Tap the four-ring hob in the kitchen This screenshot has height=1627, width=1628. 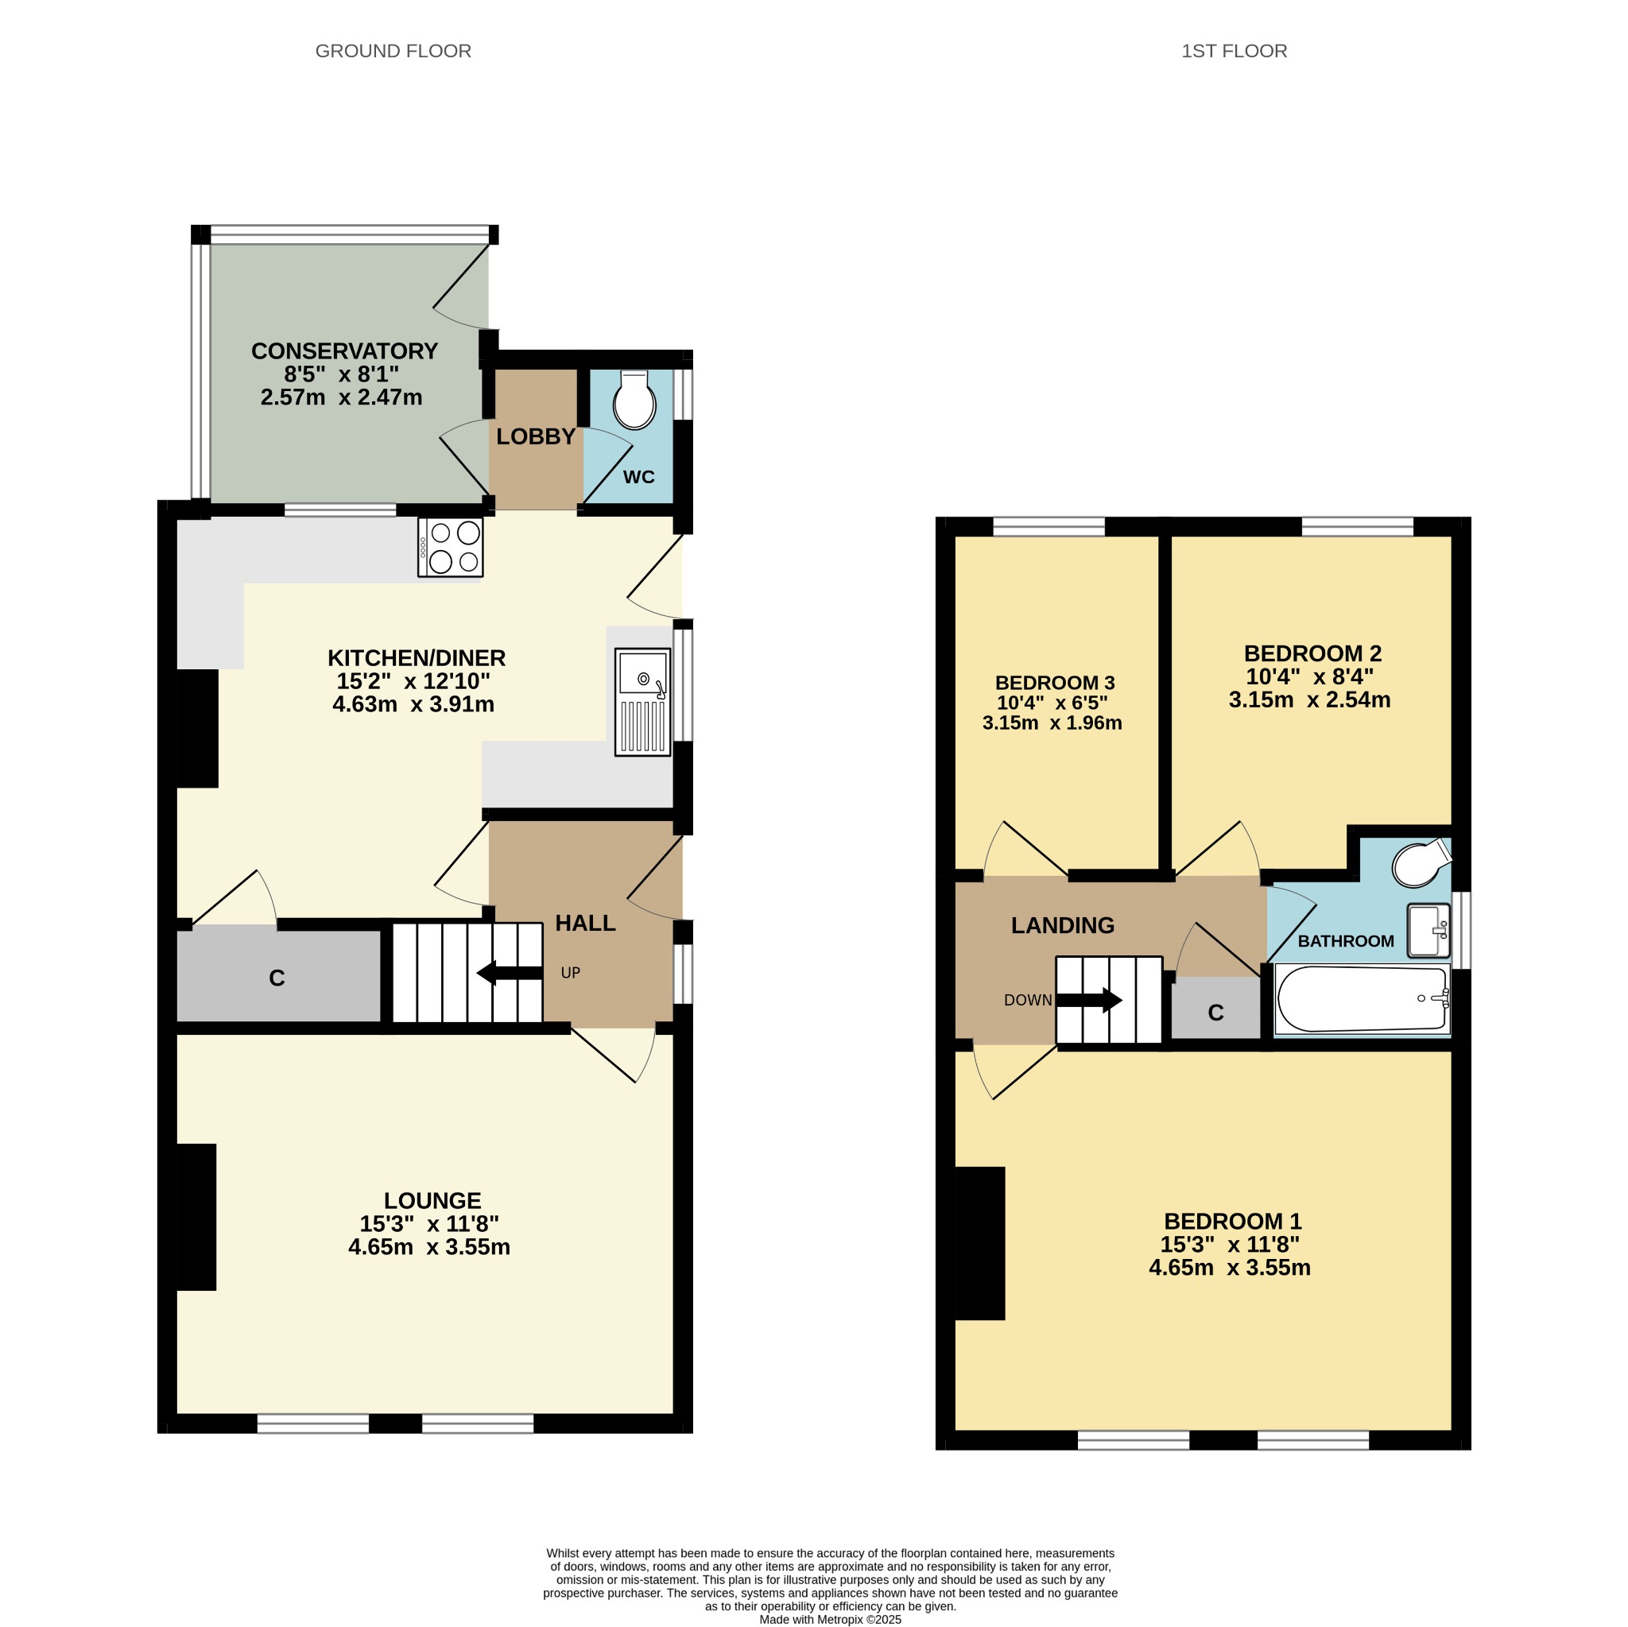click(450, 547)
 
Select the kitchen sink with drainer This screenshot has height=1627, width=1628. click(642, 702)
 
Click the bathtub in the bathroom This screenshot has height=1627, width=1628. click(1362, 999)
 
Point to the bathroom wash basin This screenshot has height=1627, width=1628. click(1428, 930)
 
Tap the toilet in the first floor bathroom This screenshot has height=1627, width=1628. click(1421, 863)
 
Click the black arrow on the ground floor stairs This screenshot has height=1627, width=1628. click(510, 973)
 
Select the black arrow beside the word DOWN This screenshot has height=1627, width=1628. click(1089, 1000)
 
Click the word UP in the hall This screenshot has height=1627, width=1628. click(571, 973)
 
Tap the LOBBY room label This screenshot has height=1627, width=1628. click(536, 436)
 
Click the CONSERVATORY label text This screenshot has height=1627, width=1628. click(345, 351)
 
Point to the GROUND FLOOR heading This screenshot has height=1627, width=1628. click(393, 52)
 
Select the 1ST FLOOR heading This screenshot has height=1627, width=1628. click(1235, 52)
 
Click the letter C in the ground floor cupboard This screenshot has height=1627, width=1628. click(277, 978)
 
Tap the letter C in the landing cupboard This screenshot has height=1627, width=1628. click(1215, 1013)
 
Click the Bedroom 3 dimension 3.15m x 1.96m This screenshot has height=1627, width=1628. click(1052, 723)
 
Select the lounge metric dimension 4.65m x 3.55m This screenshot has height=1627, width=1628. click(429, 1247)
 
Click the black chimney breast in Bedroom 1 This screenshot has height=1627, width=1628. click(980, 1243)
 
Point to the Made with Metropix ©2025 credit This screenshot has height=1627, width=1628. click(830, 1619)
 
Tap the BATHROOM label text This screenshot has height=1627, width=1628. click(1346, 941)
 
